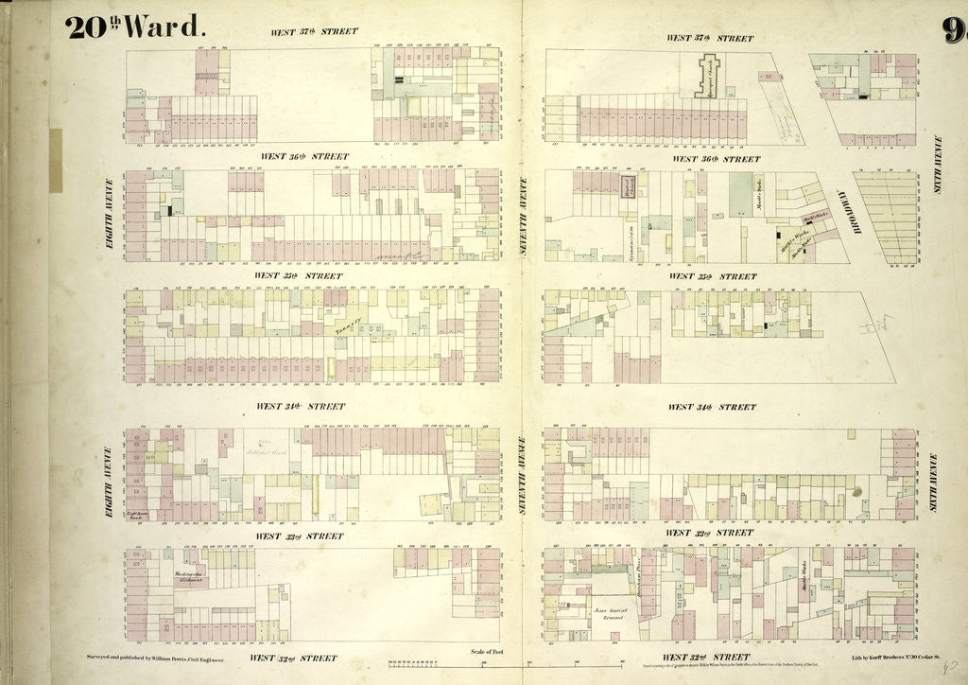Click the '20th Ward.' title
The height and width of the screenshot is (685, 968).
(135, 26)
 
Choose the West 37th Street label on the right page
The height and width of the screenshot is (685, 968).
(710, 39)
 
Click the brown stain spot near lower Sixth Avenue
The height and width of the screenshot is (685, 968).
(856, 492)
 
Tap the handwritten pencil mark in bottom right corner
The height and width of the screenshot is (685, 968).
(949, 669)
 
